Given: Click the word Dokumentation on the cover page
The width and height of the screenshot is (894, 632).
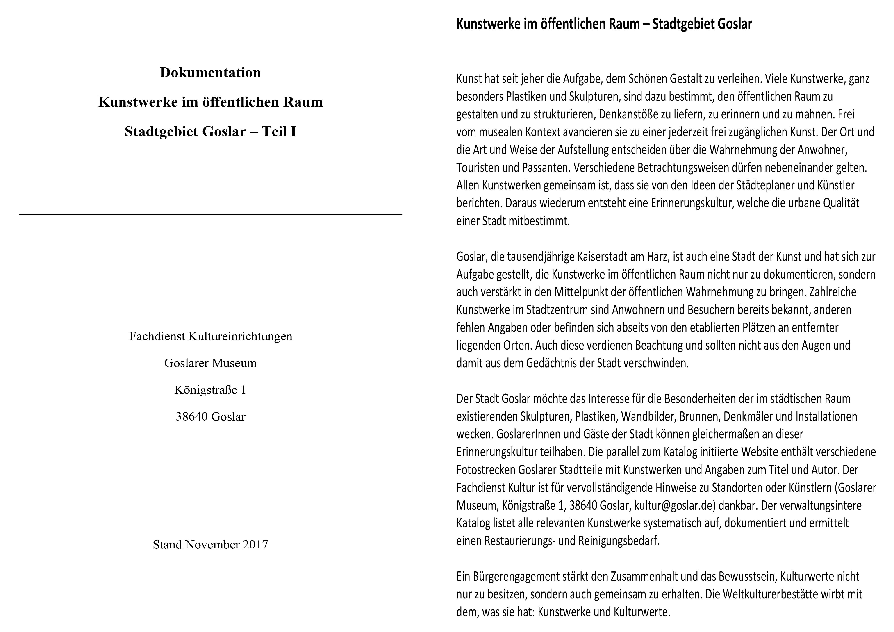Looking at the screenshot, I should [x=210, y=73].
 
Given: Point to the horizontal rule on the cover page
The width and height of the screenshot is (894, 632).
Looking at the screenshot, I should [x=210, y=214].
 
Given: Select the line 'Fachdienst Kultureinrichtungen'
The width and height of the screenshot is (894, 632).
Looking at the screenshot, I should [x=211, y=336].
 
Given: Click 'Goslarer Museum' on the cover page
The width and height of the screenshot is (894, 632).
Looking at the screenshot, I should [x=210, y=363].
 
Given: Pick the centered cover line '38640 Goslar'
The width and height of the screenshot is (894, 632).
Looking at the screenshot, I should [x=210, y=417].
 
